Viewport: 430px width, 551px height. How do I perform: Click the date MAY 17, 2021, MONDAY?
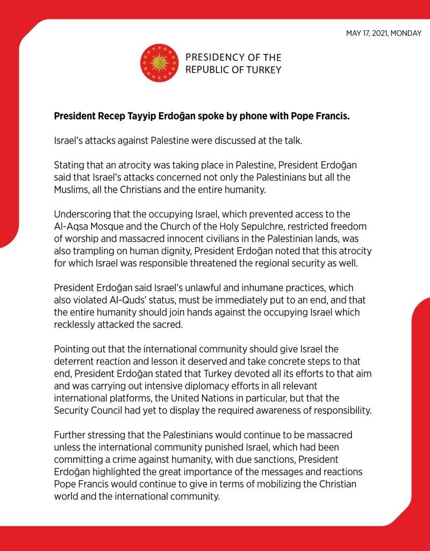(384, 33)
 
